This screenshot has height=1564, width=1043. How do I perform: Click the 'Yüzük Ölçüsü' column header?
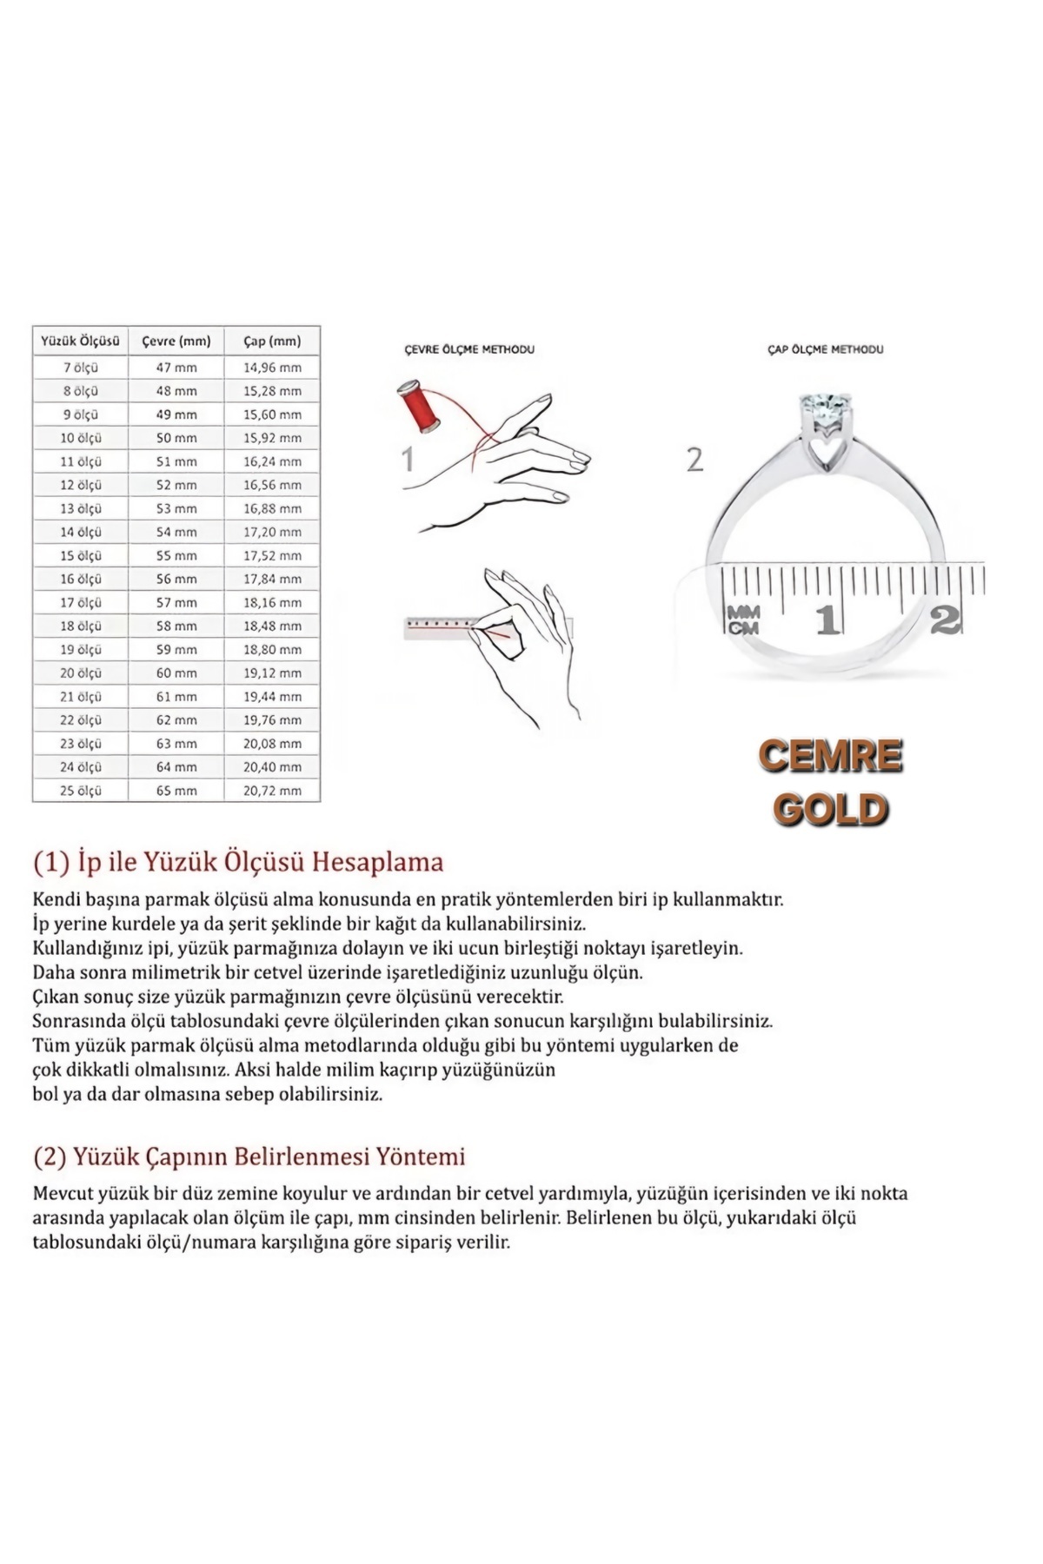[x=80, y=341]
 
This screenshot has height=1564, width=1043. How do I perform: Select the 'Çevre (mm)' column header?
[x=176, y=341]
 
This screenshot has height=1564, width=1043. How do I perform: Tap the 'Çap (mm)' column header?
[x=272, y=341]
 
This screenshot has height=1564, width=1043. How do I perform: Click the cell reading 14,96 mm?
[x=272, y=368]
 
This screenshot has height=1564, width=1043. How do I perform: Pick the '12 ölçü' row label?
[x=80, y=485]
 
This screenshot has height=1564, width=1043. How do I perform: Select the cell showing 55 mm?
[x=176, y=555]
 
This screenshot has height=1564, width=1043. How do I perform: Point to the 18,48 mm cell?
[x=272, y=626]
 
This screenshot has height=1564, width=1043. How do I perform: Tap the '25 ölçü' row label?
[x=80, y=791]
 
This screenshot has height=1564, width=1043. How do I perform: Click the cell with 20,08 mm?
[x=272, y=744]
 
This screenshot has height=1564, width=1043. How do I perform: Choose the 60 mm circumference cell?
[x=176, y=673]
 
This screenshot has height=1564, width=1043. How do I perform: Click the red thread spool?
[x=420, y=407]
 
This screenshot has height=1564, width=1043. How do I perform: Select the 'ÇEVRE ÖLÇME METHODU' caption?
[x=469, y=349]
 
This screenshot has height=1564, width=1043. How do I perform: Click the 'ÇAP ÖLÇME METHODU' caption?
[x=825, y=349]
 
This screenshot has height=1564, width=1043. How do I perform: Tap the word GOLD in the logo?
[x=830, y=810]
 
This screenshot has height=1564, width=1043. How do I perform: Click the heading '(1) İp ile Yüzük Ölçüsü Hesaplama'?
[x=238, y=862]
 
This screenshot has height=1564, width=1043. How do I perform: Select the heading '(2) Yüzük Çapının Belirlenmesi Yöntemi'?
[x=249, y=1156]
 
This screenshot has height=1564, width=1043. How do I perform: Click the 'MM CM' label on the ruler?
[x=743, y=620]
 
